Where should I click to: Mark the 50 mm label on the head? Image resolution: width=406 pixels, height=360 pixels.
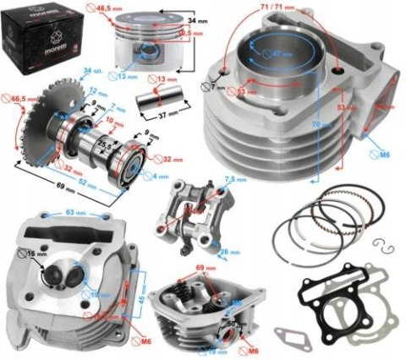tap(229, 324)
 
